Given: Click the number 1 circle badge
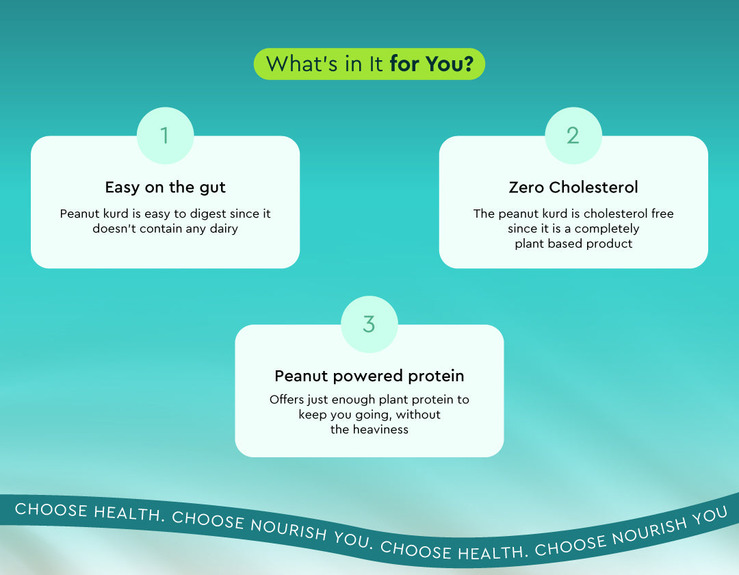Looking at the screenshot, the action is tap(165, 136).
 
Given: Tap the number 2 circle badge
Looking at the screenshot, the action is tap(573, 136).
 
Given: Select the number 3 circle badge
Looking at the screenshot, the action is tap(369, 324).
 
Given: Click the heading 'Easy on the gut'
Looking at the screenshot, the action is tap(165, 188).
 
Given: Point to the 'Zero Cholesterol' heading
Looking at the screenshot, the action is tap(573, 187).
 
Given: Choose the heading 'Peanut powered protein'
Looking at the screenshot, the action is tap(369, 376).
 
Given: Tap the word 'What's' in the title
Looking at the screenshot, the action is tap(302, 64).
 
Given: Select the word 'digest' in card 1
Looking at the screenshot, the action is tap(208, 214).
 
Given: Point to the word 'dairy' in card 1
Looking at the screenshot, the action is tap(224, 229).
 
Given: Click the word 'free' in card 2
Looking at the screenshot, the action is tap(662, 214).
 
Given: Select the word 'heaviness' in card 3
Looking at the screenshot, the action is tap(380, 429).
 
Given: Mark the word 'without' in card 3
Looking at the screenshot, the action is tap(418, 415).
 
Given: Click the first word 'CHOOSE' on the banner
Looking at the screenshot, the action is tap(51, 510).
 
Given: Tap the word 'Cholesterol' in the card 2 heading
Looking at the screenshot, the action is tap(593, 187).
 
